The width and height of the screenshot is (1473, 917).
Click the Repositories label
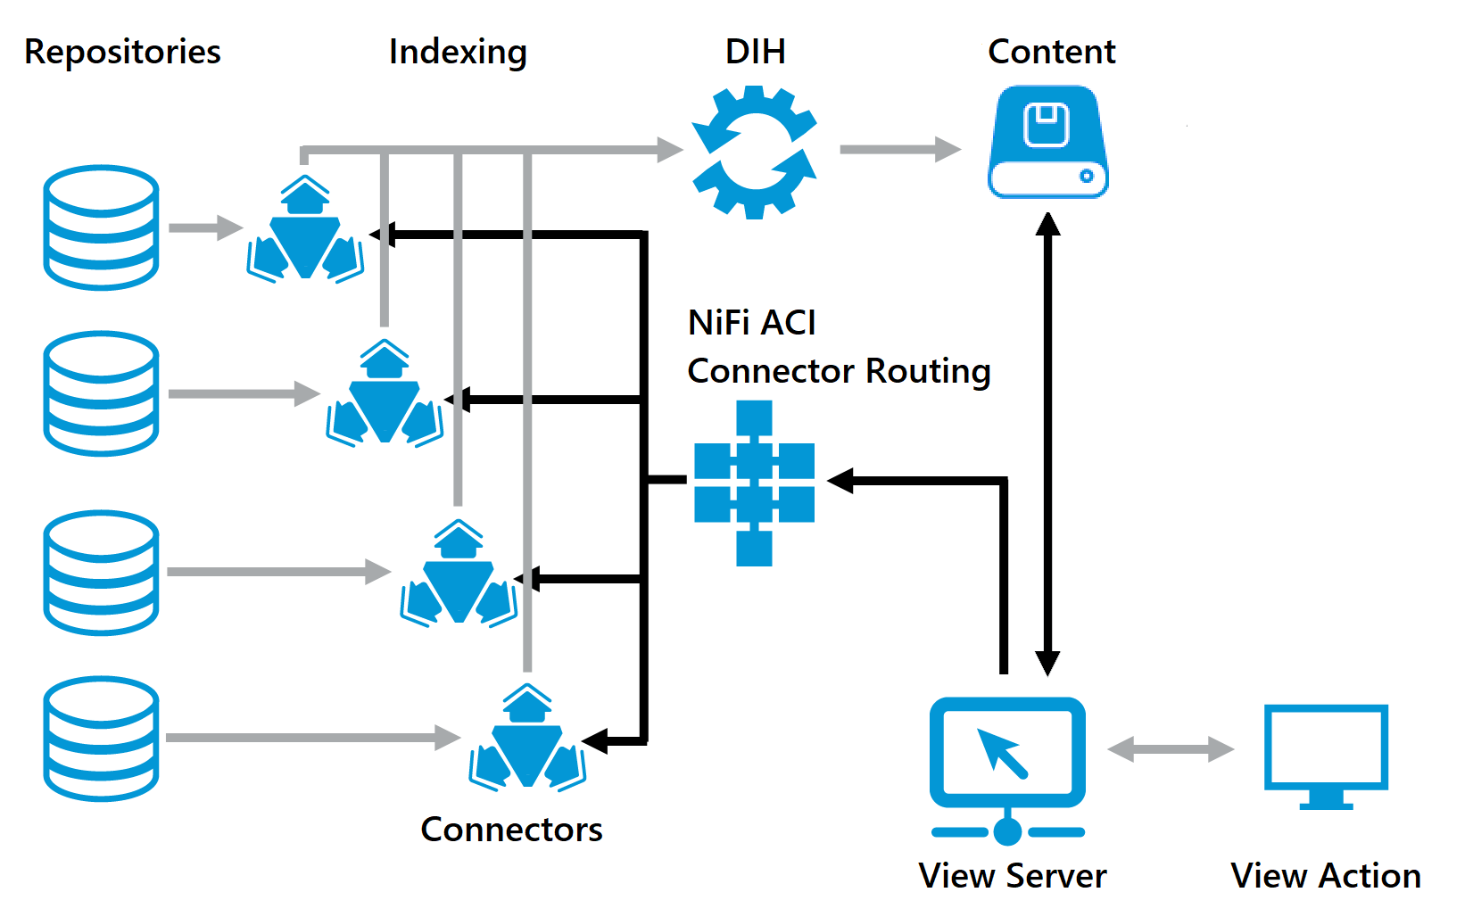coord(122,52)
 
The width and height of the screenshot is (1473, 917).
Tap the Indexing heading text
coord(458,52)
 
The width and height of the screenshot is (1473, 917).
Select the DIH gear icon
coord(755,152)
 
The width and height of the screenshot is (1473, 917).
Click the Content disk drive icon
coord(1048,142)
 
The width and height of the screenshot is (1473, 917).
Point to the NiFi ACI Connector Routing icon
coord(754,483)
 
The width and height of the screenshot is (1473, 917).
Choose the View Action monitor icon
coord(1326,755)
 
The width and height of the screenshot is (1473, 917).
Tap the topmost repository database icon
coord(102,227)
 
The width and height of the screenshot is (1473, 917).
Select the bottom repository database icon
coord(102,738)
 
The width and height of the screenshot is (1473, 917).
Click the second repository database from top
coord(102,393)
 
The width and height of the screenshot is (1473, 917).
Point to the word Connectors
coord(511,830)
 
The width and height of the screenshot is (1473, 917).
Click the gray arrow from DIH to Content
coord(899,149)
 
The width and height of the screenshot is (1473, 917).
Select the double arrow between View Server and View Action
coord(1170,749)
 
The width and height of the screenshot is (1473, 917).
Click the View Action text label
coord(1325,876)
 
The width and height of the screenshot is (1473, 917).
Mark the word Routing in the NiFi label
coord(928,371)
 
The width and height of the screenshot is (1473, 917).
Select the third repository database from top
coord(102,572)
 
